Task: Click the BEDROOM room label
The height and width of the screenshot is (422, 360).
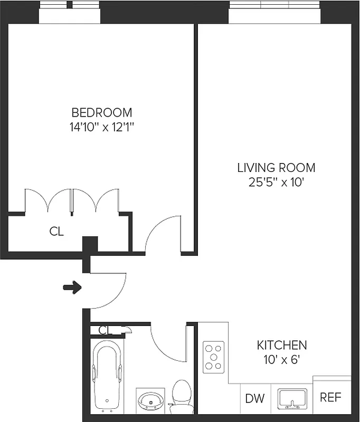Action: [102, 112]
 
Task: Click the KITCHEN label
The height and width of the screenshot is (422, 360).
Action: [282, 346]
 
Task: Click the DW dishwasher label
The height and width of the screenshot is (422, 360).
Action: [254, 398]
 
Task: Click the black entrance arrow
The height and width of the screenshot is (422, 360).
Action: [72, 287]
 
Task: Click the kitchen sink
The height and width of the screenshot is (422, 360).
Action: [292, 399]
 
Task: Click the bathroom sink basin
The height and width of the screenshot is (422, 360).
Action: [150, 402]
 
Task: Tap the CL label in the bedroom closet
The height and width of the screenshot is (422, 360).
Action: [56, 231]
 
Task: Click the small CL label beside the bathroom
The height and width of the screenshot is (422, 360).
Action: [106, 331]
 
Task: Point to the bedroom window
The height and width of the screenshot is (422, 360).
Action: [70, 13]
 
